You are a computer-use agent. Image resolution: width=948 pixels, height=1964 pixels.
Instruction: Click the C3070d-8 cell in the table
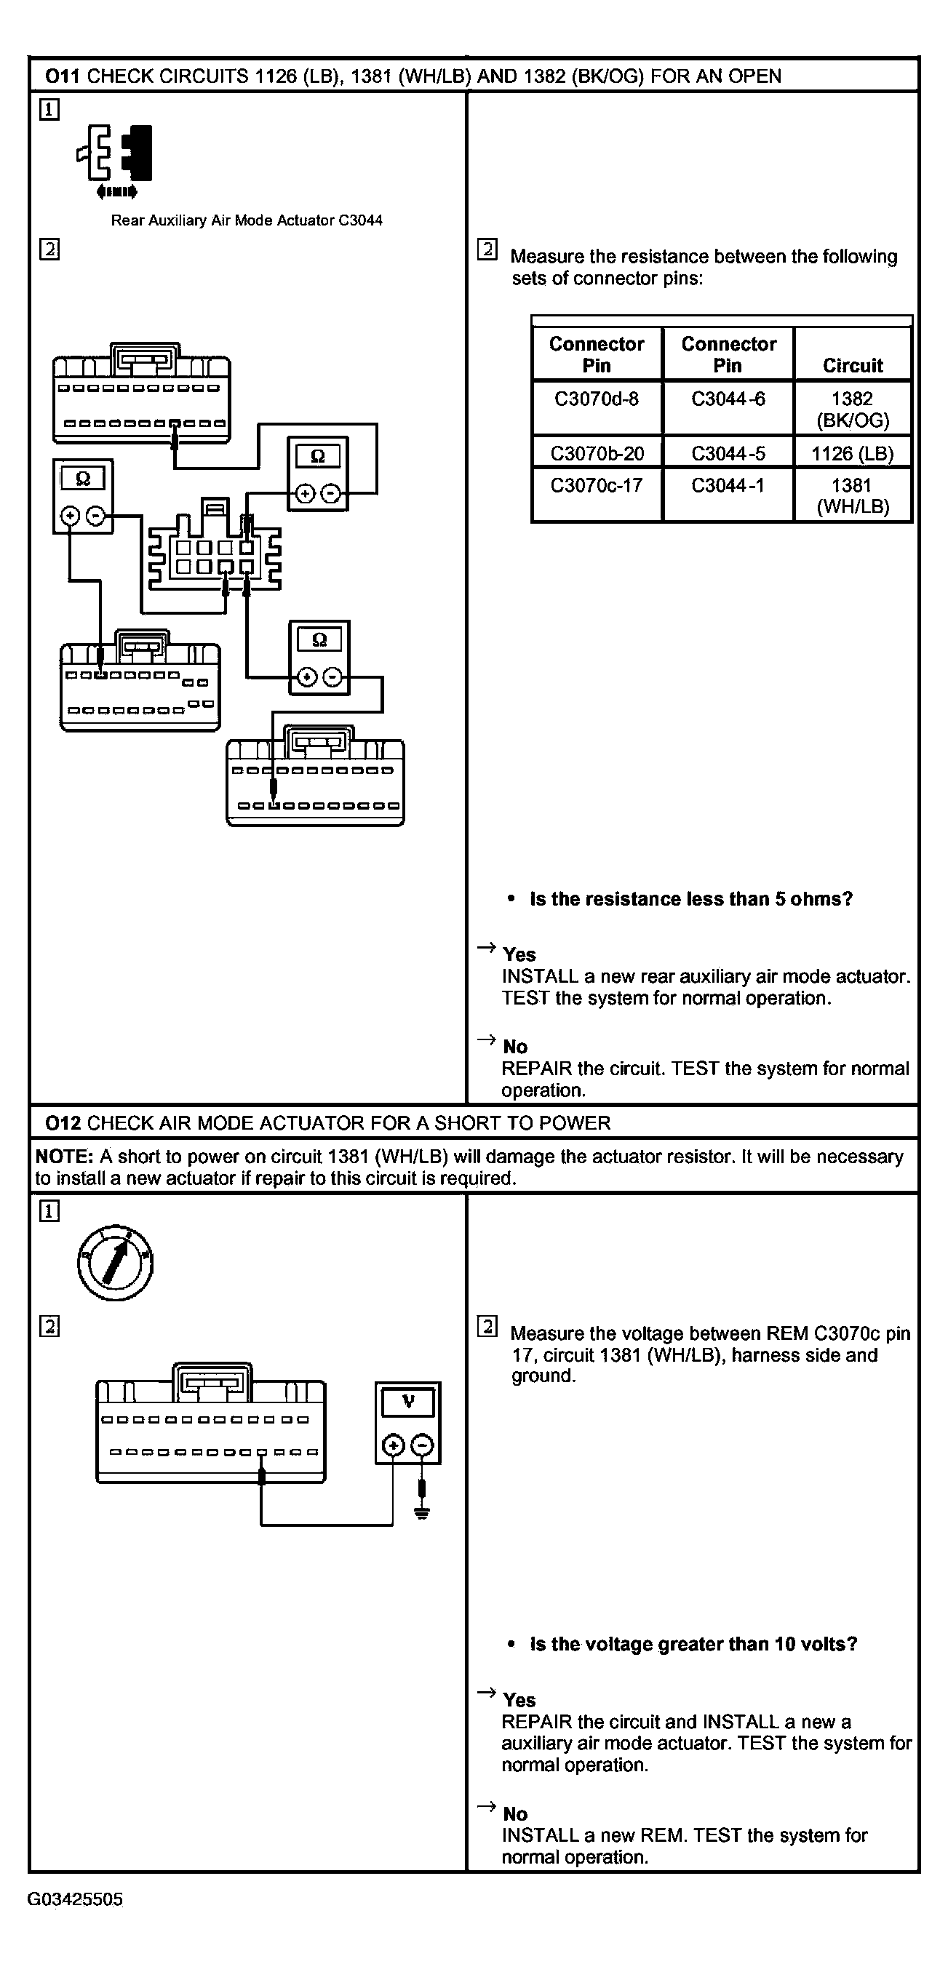pyautogui.click(x=597, y=399)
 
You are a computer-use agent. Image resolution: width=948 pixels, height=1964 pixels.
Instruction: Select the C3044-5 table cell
pyautogui.click(x=728, y=454)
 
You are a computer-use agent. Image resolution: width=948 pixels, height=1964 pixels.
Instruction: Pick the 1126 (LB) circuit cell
pyautogui.click(x=852, y=454)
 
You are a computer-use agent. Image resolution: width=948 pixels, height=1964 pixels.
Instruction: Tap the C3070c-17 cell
pyautogui.click(x=597, y=486)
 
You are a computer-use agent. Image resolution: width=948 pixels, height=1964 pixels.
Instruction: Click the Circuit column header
pyautogui.click(x=853, y=365)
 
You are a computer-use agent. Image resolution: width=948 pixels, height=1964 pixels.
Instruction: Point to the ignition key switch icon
pyautogui.click(x=115, y=1263)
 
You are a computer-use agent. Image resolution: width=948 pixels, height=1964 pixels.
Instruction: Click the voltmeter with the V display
pyautogui.click(x=408, y=1423)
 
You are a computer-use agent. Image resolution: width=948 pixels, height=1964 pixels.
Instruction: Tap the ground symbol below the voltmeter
pyautogui.click(x=422, y=1511)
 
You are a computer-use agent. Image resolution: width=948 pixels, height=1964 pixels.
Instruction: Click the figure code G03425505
pyautogui.click(x=75, y=1899)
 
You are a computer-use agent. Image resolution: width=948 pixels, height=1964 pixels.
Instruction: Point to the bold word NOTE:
pyautogui.click(x=64, y=1157)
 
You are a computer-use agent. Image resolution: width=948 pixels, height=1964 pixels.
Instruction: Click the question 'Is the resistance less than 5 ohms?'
pyautogui.click(x=691, y=899)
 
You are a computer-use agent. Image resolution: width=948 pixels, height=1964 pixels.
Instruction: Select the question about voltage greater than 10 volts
pyautogui.click(x=693, y=1644)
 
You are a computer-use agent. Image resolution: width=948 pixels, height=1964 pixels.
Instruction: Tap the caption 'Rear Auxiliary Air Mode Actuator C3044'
pyautogui.click(x=247, y=220)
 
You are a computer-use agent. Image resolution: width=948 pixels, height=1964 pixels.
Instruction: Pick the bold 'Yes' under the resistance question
pyautogui.click(x=519, y=954)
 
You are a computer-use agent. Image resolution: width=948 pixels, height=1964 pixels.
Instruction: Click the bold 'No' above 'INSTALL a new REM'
pyautogui.click(x=516, y=1814)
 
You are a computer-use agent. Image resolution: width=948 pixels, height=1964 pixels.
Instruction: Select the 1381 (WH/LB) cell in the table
pyautogui.click(x=852, y=495)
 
